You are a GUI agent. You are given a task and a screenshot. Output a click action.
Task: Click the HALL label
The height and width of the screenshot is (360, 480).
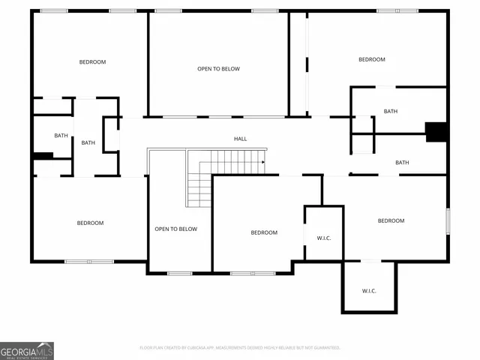point(240,139)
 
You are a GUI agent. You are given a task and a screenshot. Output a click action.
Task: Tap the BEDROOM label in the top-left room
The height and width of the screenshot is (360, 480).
point(92,61)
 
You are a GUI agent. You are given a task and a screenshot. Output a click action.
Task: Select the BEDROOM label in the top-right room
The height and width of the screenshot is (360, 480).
point(371,59)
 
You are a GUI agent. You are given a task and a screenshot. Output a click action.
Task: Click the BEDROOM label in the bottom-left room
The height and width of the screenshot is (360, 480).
point(90,223)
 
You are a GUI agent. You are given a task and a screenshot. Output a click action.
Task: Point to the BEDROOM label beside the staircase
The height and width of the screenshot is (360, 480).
point(263,232)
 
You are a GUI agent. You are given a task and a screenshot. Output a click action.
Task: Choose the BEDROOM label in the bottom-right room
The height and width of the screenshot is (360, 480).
point(391,220)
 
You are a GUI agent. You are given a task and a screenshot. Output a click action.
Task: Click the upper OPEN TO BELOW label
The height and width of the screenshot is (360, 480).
point(218,69)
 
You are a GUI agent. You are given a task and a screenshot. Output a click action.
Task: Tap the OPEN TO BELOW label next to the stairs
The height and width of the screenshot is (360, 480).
point(175,229)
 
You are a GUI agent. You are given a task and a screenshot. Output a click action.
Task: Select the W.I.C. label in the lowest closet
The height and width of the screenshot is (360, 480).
point(369,291)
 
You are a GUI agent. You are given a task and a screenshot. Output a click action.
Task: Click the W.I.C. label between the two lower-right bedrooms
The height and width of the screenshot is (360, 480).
point(324,238)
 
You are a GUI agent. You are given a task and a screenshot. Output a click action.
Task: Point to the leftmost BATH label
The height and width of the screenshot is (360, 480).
point(61,136)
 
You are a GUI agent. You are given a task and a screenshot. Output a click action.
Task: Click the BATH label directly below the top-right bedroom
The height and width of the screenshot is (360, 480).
point(390,111)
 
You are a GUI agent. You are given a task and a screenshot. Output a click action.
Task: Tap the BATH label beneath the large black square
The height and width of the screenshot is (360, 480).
point(402,163)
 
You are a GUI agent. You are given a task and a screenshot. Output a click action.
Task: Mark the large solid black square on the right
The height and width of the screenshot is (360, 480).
point(436,132)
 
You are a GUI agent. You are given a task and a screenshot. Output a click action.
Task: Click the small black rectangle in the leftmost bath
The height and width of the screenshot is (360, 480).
point(43,156)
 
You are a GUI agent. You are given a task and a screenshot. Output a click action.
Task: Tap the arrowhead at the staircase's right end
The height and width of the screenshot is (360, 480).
point(263,161)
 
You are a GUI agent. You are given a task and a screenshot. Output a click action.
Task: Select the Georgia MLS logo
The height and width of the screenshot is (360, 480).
point(27,350)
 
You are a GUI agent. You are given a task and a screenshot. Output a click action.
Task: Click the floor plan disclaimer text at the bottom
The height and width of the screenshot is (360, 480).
point(240,348)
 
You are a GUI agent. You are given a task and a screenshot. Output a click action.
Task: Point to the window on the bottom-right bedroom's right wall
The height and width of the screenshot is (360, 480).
point(448,221)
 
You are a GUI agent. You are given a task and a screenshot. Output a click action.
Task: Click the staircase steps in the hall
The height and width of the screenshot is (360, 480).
point(225,162)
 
